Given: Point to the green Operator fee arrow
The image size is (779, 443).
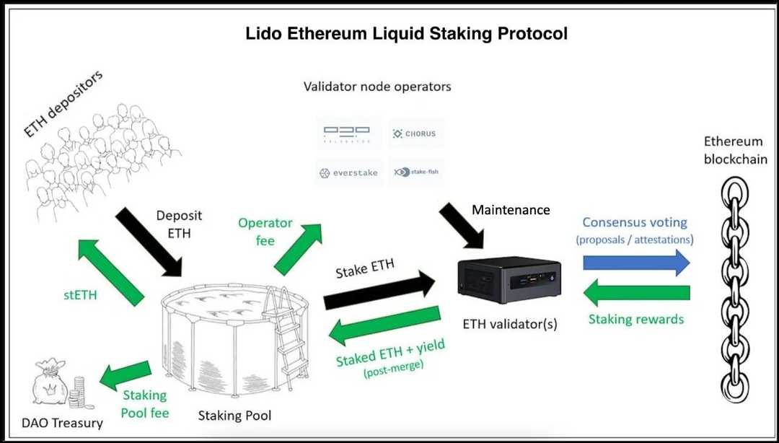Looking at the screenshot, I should tap(299, 250).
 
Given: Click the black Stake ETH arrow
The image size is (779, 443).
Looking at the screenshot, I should tap(374, 289).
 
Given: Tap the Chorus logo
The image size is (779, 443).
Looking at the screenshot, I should tap(415, 133).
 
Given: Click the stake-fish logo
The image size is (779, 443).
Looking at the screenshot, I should tap(415, 172).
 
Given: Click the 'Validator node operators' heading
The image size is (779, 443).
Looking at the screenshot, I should tap(377, 87).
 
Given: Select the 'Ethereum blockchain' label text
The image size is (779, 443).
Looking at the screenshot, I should tap(735, 150).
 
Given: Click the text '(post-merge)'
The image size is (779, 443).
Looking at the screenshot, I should tap(394, 370).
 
